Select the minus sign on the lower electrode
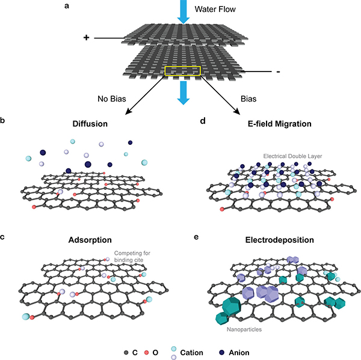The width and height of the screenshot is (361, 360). [277, 72]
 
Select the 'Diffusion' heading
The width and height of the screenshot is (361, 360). [90, 124]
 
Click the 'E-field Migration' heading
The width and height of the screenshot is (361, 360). [271, 124]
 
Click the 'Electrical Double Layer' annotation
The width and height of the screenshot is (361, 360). [294, 156]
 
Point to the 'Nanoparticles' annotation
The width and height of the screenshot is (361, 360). [243, 329]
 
